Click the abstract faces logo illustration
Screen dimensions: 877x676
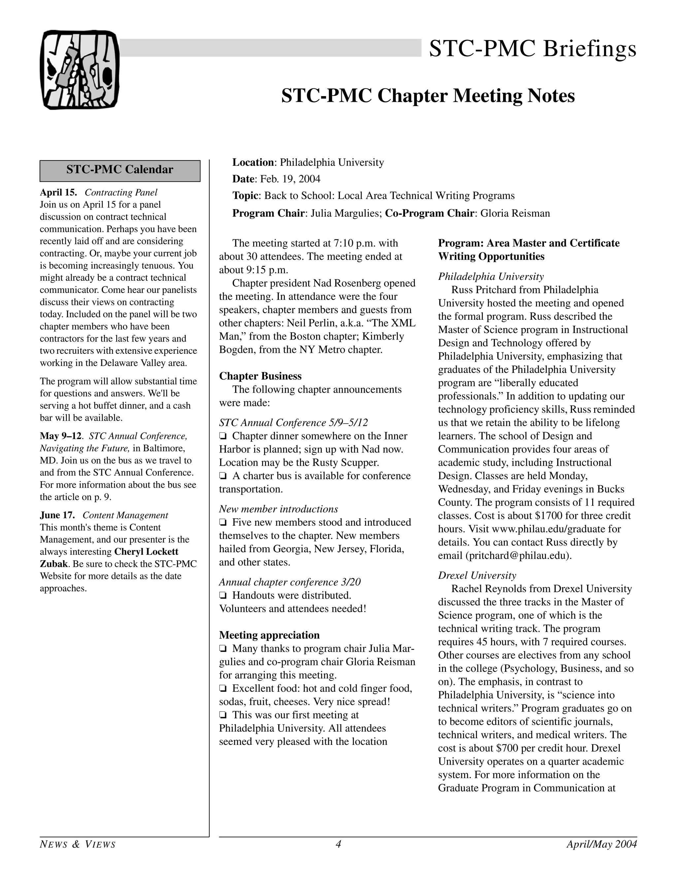pos(80,69)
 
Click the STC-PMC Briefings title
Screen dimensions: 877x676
pos(532,49)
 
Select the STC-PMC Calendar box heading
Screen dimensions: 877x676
pos(119,170)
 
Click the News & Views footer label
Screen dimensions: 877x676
pos(78,845)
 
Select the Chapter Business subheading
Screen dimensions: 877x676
pos(260,376)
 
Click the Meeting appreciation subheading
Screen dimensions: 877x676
pos(269,635)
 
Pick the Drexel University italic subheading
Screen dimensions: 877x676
pos(477,575)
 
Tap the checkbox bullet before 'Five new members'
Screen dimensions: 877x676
pos(223,523)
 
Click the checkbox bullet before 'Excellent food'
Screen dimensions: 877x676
pos(223,689)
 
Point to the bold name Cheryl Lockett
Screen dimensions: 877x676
pos(147,552)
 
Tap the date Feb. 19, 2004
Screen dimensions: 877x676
pos(290,179)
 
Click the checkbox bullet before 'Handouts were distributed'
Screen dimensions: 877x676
pos(223,596)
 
